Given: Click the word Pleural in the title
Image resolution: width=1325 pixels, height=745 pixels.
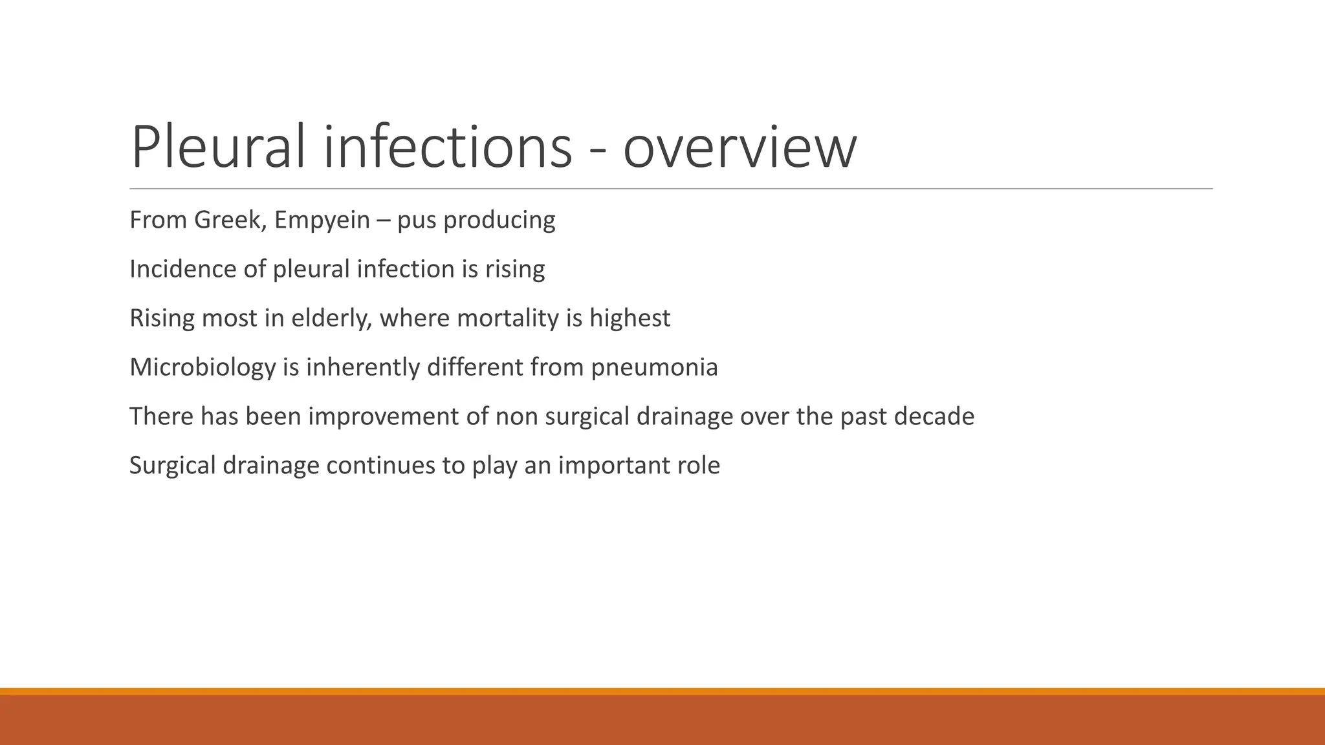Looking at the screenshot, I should pos(217,147).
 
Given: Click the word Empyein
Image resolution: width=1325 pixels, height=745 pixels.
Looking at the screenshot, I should pos(322,221).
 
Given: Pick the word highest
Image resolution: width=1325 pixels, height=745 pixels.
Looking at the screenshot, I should pos(630,319).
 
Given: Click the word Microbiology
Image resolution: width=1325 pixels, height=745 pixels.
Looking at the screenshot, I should pos(203,368).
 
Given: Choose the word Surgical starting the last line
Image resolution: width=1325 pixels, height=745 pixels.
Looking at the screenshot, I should pos(172,466).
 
